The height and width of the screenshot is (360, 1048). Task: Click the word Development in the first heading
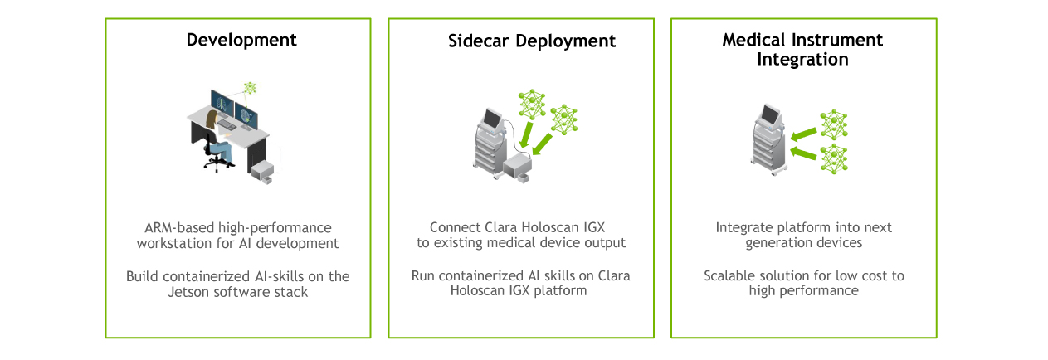(241, 41)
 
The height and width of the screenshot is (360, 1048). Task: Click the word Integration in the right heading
(802, 60)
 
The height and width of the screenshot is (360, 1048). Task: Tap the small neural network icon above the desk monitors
(251, 88)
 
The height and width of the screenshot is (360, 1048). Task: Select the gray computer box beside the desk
(262, 173)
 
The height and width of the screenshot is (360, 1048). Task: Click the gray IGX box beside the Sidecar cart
(518, 168)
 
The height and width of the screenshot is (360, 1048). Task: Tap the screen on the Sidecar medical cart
(492, 119)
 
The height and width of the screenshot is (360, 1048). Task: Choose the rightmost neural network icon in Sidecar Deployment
(563, 119)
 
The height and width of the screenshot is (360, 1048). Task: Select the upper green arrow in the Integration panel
(803, 134)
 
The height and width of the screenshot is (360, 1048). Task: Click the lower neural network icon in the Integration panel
(834, 159)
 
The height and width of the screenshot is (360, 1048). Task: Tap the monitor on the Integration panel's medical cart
(771, 114)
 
